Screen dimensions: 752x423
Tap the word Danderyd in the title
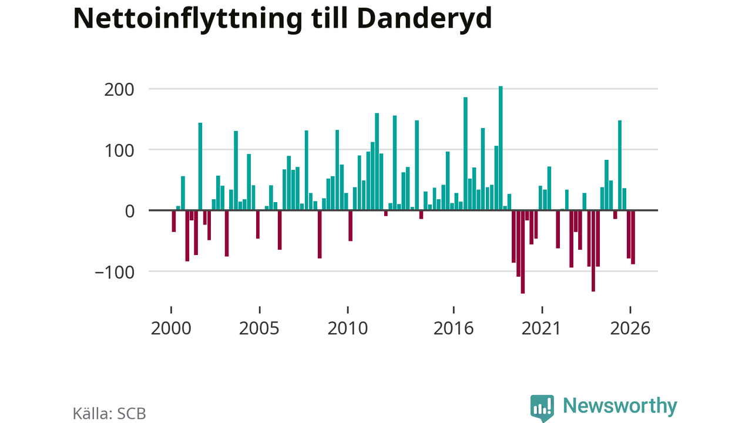click(424, 18)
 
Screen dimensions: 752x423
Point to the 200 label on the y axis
click(119, 90)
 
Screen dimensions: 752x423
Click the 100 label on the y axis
click(119, 151)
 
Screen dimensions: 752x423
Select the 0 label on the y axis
click(130, 211)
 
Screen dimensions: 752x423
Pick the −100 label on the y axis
click(115, 272)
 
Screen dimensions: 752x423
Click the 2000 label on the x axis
click(171, 328)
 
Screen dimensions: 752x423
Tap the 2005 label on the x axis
click(259, 328)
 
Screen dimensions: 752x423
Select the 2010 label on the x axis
click(347, 328)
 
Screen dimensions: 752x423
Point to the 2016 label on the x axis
click(454, 328)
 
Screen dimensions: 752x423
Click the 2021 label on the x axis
click(542, 328)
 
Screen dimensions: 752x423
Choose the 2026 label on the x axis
click(630, 328)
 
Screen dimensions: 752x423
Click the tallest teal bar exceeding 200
click(501, 148)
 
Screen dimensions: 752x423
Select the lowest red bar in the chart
click(523, 252)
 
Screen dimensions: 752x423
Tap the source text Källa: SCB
click(109, 414)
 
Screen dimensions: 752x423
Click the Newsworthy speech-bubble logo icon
click(542, 408)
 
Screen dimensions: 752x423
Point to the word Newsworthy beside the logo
click(620, 406)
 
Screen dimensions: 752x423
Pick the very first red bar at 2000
click(173, 221)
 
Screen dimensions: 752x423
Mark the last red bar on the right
click(633, 237)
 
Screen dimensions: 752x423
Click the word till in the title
click(330, 18)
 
